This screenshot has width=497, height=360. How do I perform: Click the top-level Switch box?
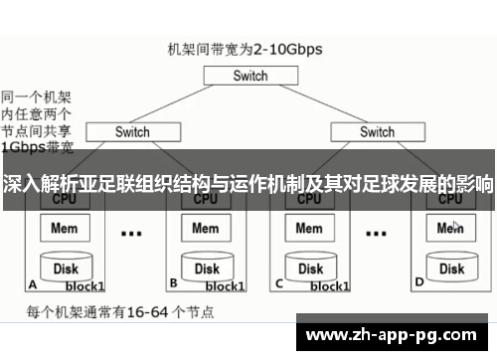pos(249,76)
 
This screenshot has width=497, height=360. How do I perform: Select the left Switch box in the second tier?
pos(131,131)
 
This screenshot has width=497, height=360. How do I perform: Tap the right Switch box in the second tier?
pos(377,131)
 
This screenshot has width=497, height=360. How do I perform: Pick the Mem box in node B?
pos(205,228)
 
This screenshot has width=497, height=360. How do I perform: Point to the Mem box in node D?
pos(450,228)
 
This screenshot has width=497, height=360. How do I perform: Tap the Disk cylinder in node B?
pos(206,267)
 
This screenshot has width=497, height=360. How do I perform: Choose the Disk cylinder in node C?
pos(311,267)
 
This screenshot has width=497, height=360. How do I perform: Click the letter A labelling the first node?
pos(33,282)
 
